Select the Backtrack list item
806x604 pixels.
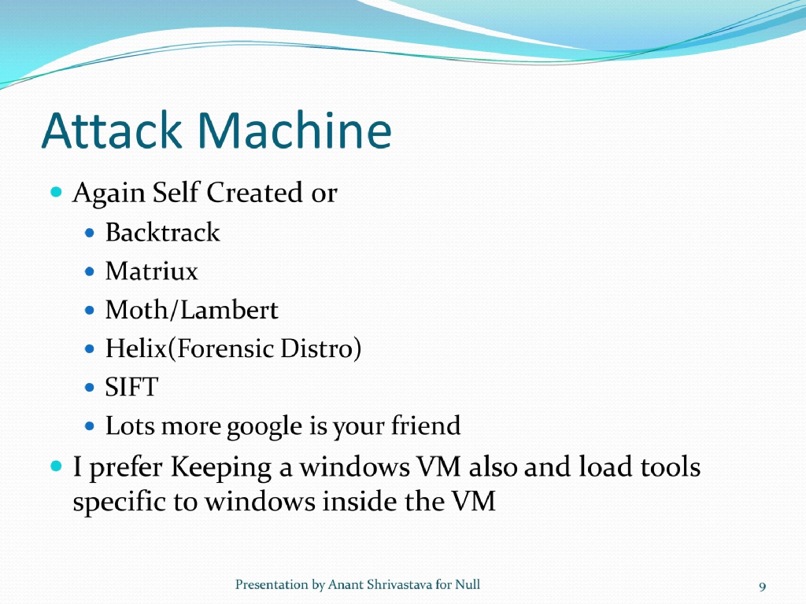pyautogui.click(x=162, y=233)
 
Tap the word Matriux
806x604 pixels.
pyautogui.click(x=151, y=271)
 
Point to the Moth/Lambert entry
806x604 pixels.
pyautogui.click(x=191, y=310)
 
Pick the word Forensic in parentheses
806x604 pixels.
pyautogui.click(x=216, y=348)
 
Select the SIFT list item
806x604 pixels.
pyautogui.click(x=131, y=387)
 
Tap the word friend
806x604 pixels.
pyautogui.click(x=426, y=426)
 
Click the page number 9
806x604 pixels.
pyautogui.click(x=762, y=586)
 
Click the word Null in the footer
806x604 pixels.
pyautogui.click(x=468, y=584)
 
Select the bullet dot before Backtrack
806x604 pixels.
pyautogui.click(x=90, y=234)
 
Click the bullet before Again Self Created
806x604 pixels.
pyautogui.click(x=56, y=192)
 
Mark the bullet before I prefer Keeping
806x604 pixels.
pyautogui.click(x=56, y=467)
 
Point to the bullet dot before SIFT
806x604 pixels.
pyautogui.click(x=90, y=388)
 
